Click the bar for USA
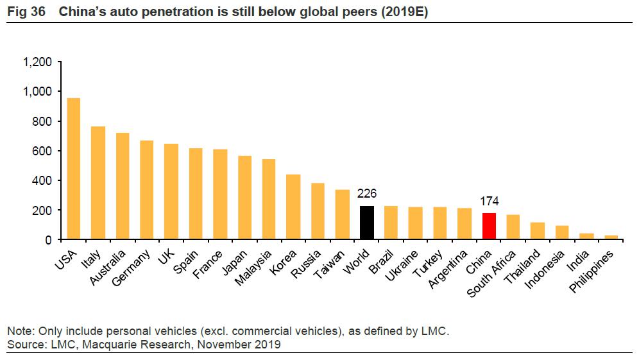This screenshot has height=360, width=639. click(x=74, y=169)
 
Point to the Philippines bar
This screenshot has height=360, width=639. click(x=611, y=237)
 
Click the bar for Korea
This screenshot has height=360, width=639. click(x=293, y=207)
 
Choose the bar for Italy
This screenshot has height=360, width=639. click(x=98, y=183)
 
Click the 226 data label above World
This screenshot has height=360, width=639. click(x=367, y=194)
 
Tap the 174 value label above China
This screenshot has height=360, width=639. click(x=489, y=201)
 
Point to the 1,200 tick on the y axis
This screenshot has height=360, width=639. click(x=37, y=62)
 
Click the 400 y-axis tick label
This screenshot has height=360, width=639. click(x=43, y=181)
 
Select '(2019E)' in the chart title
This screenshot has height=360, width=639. click(x=406, y=12)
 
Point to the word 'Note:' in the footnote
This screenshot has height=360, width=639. click(x=21, y=332)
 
